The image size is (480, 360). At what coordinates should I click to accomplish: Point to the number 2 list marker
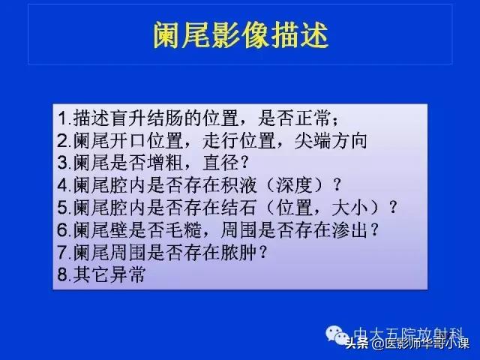tap(62, 140)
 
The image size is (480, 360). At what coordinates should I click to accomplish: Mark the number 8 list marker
tap(62, 274)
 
